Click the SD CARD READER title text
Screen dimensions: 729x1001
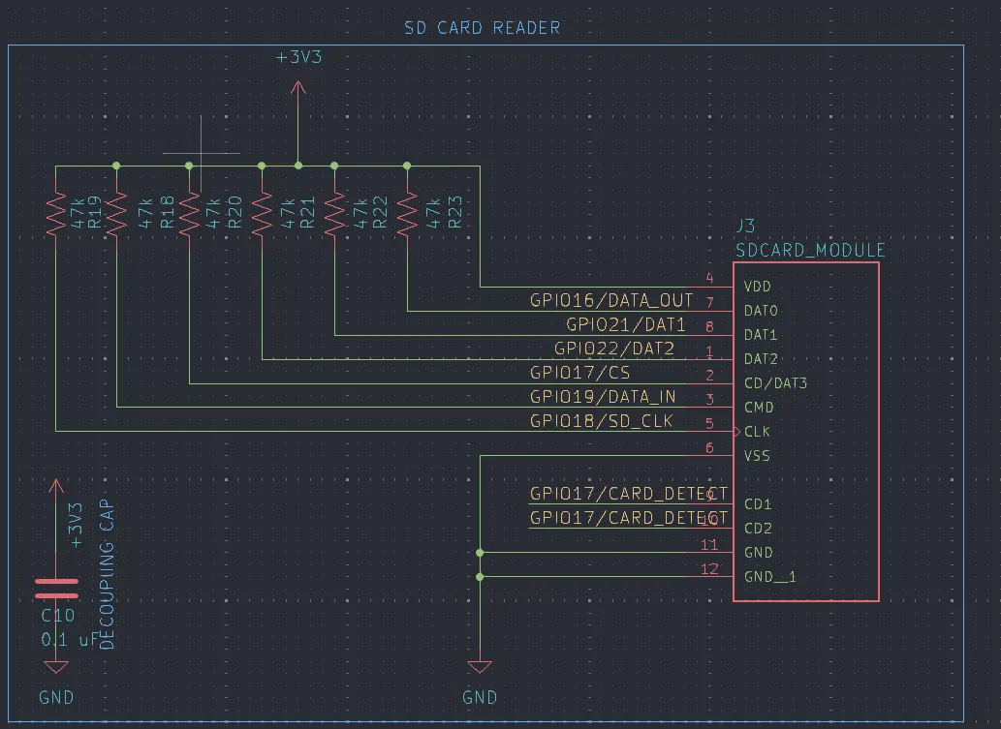(x=482, y=28)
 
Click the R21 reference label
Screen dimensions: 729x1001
(x=307, y=212)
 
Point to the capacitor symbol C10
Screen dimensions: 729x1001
(x=56, y=589)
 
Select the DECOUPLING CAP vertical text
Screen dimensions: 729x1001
(x=107, y=575)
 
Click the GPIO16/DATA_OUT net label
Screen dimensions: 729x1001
(x=611, y=301)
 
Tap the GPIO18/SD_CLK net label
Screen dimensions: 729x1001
(x=601, y=421)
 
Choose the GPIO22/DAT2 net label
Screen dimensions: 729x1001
(x=614, y=349)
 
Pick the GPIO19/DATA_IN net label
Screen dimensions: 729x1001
(x=603, y=397)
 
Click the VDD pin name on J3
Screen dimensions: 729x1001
(x=758, y=287)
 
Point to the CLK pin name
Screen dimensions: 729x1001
(x=758, y=432)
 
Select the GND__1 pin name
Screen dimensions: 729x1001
(x=770, y=577)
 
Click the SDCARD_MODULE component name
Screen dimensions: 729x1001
(x=810, y=250)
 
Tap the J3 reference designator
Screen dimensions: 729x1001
(x=745, y=226)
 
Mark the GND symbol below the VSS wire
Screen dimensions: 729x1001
(x=480, y=667)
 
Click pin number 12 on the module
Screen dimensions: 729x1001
(x=709, y=568)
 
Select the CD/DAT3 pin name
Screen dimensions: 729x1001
(x=775, y=383)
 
